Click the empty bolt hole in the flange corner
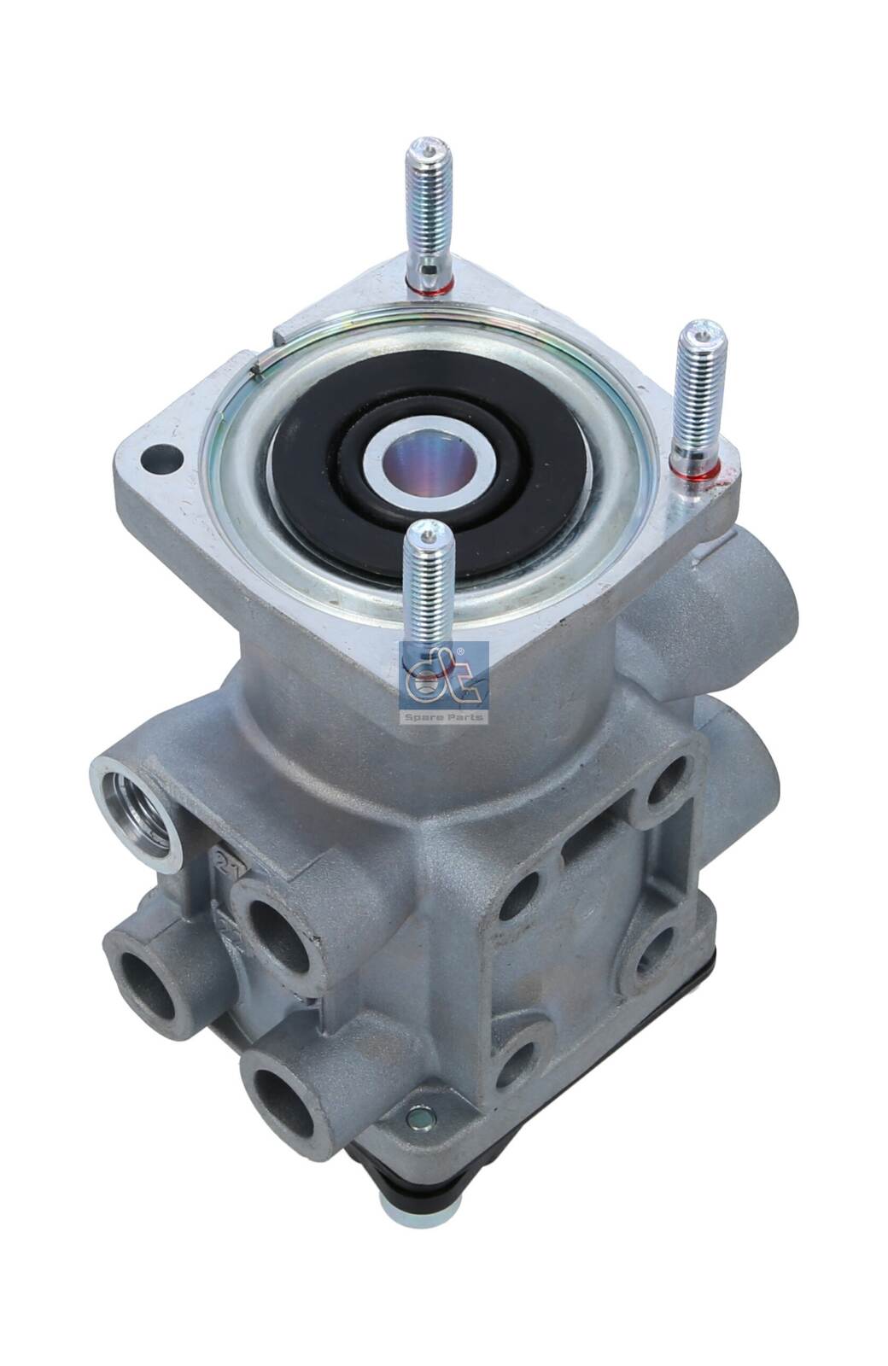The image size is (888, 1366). (161, 459)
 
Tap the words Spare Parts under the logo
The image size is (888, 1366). (443, 717)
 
